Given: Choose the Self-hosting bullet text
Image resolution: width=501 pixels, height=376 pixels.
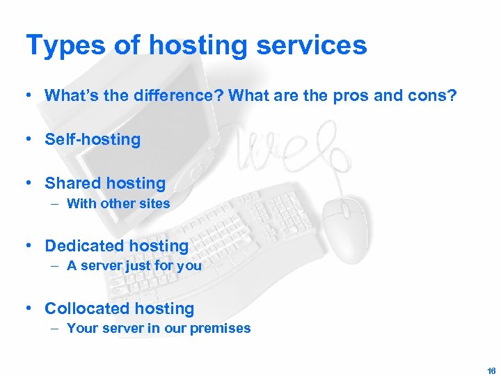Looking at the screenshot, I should tap(93, 139).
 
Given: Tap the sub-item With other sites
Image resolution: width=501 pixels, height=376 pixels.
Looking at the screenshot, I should tap(118, 203).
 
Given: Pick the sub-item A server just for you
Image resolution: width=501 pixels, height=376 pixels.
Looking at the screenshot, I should tap(134, 266).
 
